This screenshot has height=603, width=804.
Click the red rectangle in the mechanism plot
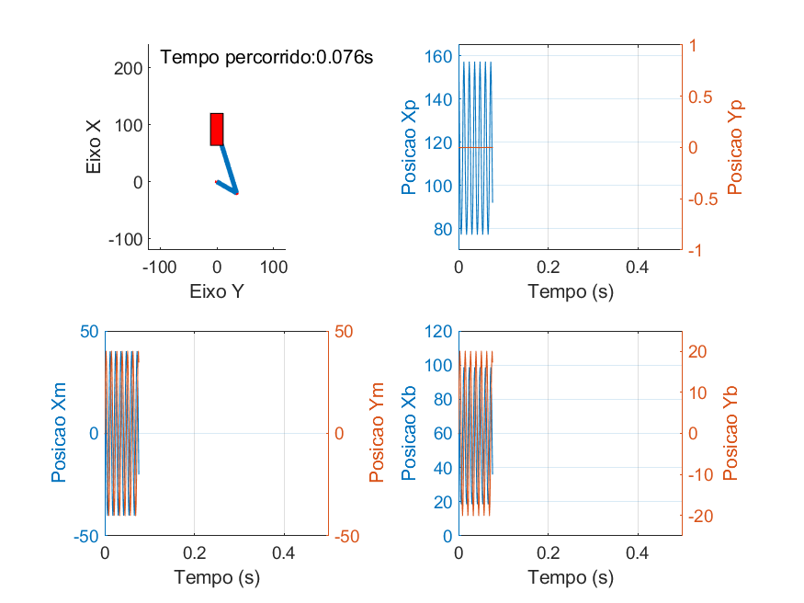click(x=217, y=129)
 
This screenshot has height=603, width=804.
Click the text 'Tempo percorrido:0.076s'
click(x=266, y=57)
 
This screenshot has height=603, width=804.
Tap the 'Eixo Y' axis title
click(x=217, y=292)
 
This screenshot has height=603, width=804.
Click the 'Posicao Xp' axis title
click(x=409, y=147)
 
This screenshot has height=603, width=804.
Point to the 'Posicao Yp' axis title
click(x=734, y=147)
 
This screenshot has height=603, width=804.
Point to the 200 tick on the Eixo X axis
click(x=130, y=68)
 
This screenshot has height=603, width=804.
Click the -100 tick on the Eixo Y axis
click(x=160, y=267)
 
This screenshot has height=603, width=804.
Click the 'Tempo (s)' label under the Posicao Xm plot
click(x=217, y=578)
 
